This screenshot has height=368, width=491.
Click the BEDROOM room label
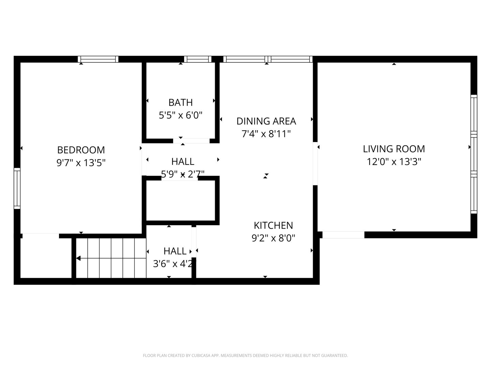(x=81, y=150)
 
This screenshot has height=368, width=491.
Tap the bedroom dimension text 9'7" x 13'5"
(x=81, y=163)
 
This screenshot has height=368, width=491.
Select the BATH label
(x=180, y=103)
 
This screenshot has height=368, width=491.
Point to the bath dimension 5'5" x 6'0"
(x=180, y=115)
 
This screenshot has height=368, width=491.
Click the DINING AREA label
(x=266, y=121)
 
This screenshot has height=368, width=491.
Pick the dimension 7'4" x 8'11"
(x=266, y=134)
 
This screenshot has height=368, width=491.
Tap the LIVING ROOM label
(x=394, y=149)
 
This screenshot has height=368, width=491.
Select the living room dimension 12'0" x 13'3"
(x=394, y=162)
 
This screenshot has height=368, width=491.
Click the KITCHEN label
(x=273, y=226)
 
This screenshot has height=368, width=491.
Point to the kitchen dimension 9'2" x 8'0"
(x=273, y=238)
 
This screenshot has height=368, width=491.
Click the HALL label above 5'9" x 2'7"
(x=183, y=162)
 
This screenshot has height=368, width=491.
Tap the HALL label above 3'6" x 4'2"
(x=175, y=251)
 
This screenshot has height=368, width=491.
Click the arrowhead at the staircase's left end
(x=78, y=258)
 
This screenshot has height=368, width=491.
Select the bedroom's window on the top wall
(x=98, y=59)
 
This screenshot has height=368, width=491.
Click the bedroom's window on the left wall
(x=17, y=188)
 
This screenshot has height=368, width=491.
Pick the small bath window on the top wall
(x=198, y=59)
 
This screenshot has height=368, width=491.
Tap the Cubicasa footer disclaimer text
(x=245, y=355)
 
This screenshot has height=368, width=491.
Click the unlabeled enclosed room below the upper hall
(x=180, y=200)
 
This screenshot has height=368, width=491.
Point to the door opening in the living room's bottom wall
(x=343, y=235)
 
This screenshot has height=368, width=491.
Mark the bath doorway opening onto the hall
(x=191, y=141)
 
